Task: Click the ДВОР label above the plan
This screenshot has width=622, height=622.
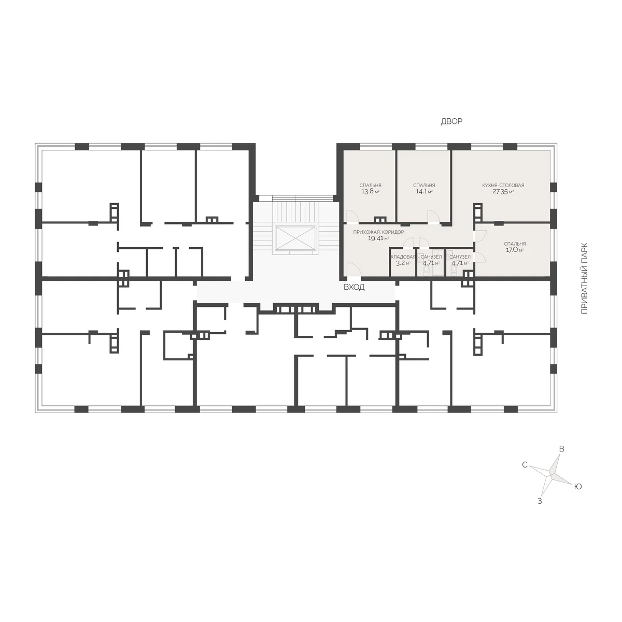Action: tap(451, 121)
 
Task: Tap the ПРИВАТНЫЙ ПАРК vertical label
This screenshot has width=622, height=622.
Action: tap(584, 278)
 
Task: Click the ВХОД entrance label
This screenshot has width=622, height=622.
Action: tap(354, 287)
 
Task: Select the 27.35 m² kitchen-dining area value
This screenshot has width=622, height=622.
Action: tap(503, 191)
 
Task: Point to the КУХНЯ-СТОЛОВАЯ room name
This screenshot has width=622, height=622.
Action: tap(503, 185)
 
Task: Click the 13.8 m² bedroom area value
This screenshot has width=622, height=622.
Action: tap(370, 191)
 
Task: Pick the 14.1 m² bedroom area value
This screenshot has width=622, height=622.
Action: tap(424, 191)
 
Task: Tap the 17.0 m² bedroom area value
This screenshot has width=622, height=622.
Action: tap(515, 250)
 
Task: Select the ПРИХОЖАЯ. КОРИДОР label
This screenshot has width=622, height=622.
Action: tap(378, 232)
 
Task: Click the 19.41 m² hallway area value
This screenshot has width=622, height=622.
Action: tap(378, 238)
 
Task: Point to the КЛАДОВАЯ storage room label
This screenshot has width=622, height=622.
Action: tap(403, 257)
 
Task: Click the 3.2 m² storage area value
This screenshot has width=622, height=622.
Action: tap(403, 263)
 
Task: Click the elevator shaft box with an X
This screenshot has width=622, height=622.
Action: tap(295, 237)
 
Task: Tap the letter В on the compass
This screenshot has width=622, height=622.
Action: tap(561, 449)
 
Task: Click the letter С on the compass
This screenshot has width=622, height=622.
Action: tap(525, 465)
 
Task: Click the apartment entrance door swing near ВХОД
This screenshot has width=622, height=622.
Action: tap(352, 270)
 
